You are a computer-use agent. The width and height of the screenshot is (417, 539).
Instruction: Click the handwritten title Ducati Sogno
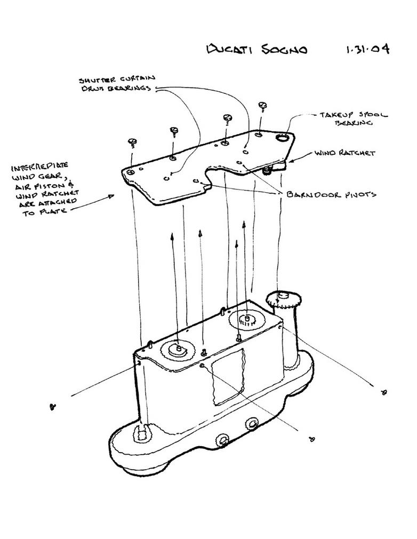point(257,49)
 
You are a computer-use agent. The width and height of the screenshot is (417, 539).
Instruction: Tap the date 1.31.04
point(367,49)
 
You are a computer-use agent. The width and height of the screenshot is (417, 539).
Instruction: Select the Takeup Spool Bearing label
point(354,118)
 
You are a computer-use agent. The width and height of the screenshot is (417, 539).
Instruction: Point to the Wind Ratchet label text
point(344,153)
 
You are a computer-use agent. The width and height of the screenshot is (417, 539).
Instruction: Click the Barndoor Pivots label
point(331,195)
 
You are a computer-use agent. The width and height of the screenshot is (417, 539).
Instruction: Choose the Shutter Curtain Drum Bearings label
point(117,84)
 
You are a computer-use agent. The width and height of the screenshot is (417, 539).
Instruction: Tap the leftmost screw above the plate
point(133,142)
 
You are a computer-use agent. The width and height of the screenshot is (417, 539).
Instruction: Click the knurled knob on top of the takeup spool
point(283,300)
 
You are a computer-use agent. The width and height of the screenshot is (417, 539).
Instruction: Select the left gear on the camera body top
point(178,350)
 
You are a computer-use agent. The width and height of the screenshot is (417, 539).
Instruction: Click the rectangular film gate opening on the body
point(228,377)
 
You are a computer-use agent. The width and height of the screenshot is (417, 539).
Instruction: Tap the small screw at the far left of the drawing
point(53,407)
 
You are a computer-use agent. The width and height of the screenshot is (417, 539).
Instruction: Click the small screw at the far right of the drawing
point(384,392)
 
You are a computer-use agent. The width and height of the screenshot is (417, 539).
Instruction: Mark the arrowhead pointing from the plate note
point(110,196)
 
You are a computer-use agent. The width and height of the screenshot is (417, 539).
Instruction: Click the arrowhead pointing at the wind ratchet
point(291,160)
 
